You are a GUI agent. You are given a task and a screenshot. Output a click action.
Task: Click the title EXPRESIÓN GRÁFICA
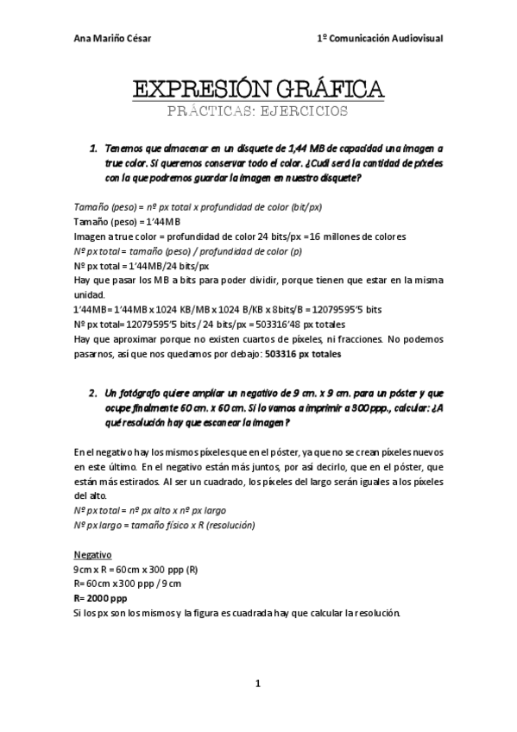click(x=258, y=88)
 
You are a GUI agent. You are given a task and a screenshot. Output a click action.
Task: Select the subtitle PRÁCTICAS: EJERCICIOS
click(x=258, y=111)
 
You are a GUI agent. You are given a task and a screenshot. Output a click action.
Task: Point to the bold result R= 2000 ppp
click(x=100, y=597)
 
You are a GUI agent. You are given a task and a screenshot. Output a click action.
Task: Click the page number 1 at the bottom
click(x=258, y=685)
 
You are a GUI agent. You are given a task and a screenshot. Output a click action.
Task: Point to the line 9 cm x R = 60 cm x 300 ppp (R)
click(x=136, y=570)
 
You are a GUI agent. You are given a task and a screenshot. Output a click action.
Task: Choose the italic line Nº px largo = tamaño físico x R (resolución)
click(x=165, y=525)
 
